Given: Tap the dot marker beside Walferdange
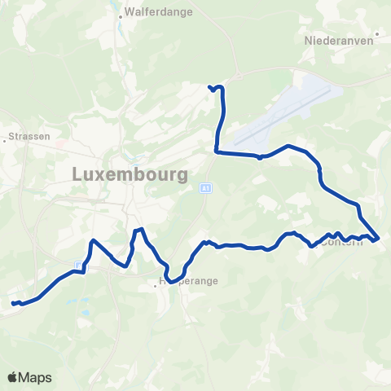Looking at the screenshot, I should point(121,14).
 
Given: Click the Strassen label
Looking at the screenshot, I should point(32,137).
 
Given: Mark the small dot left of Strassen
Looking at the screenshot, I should point(7,138).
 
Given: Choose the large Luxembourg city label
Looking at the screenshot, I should point(130,174).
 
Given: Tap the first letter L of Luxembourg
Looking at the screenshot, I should point(77,174).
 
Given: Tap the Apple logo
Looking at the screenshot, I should point(12,377).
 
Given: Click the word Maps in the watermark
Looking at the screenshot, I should point(36,377).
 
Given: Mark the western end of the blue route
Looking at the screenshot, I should point(13,304).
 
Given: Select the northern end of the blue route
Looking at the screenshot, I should point(210,86).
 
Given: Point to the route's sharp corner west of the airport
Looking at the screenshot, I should point(216,150).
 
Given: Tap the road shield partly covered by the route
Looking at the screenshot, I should point(77,266).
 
